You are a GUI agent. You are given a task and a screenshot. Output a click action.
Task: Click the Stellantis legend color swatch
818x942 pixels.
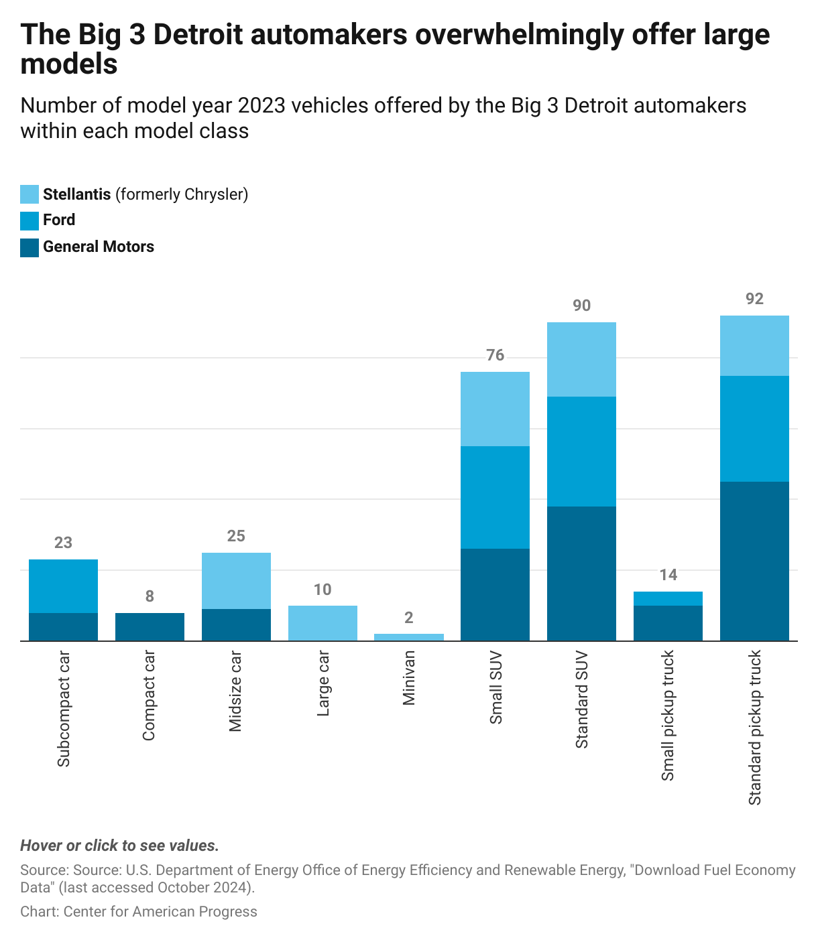[x=30, y=194]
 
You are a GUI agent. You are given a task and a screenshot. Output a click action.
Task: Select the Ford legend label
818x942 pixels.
[x=59, y=220]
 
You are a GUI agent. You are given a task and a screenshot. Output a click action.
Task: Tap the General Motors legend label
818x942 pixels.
[x=98, y=247]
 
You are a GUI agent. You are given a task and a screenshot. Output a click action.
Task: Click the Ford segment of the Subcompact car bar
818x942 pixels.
[x=63, y=586]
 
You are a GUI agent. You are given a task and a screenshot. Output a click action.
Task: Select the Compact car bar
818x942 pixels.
[x=150, y=626]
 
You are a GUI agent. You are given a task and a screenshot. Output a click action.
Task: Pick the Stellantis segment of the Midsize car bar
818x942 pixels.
[x=236, y=580]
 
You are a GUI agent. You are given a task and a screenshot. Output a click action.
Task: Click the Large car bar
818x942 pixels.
[x=323, y=623]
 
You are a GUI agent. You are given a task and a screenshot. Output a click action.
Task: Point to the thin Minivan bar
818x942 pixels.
[x=409, y=637]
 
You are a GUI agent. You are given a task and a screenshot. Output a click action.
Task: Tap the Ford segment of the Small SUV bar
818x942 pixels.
[x=495, y=497]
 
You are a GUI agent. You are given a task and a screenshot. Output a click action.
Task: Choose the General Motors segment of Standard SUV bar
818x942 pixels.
[x=581, y=573]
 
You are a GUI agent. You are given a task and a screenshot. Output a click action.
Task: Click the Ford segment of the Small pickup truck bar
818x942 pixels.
[x=668, y=598]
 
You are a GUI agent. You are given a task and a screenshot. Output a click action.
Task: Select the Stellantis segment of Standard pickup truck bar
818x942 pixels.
[x=754, y=346]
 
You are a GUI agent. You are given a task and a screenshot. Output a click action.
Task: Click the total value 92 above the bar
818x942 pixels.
[x=754, y=299]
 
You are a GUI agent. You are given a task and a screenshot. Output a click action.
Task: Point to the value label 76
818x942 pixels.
[x=495, y=355]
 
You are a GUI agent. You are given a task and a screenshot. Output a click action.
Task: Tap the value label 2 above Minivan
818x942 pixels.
[x=409, y=618]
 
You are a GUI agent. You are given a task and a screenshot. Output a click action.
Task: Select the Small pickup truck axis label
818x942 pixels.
[x=668, y=716]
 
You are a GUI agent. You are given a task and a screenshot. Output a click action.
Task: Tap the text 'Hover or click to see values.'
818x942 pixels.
[x=119, y=846]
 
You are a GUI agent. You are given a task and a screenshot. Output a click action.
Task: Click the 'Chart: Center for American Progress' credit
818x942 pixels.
[x=139, y=911]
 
